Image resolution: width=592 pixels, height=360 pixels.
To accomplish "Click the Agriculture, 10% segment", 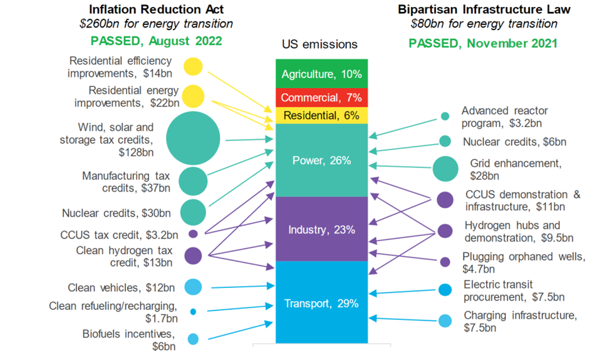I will [321, 74].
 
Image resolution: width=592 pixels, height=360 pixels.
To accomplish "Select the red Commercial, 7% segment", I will [321, 98].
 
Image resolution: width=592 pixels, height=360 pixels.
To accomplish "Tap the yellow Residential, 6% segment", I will [321, 115].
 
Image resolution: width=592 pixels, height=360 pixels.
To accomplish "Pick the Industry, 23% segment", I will [321, 229].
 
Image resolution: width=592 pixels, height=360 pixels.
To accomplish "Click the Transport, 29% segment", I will [321, 303].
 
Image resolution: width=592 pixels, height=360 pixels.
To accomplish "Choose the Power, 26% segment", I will [321, 160].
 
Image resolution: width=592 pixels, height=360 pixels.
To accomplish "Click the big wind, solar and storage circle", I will [193, 139].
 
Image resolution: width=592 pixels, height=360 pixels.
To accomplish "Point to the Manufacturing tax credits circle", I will [193, 181].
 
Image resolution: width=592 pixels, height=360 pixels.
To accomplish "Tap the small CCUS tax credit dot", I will [193, 234].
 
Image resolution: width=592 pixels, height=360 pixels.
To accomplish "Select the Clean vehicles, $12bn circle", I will [193, 287].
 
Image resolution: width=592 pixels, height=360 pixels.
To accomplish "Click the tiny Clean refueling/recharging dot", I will [193, 311].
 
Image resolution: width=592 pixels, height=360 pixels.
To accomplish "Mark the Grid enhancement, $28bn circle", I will [445, 168].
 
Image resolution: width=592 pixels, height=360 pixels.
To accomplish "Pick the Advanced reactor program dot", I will [445, 116].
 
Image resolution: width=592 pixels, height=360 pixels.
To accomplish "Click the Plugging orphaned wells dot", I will [445, 262].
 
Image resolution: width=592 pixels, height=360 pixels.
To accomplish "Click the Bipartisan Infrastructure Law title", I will [484, 9].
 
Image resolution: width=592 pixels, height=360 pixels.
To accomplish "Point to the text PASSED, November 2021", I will [483, 44].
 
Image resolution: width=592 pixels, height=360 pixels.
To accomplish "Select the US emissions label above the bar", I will [321, 44].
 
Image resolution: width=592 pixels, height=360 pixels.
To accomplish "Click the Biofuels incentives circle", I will [193, 339].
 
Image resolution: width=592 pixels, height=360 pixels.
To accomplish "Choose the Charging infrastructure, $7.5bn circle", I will [445, 321].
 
